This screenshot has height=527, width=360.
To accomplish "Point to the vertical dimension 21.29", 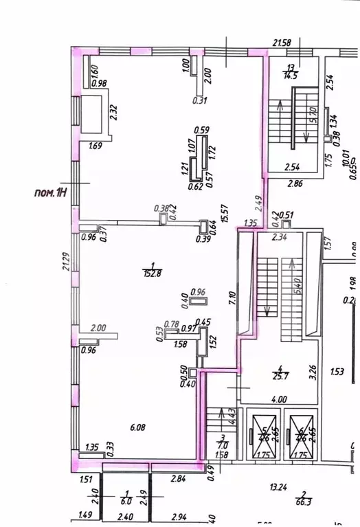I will coord(65,262).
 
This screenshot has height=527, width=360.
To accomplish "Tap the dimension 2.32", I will coord(113,111).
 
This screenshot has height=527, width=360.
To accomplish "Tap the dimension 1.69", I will coord(95,145).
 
